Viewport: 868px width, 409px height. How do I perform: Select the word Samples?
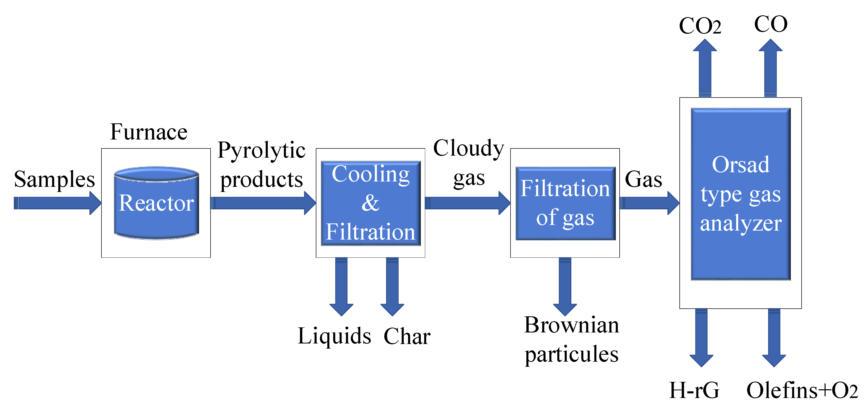point(54,179)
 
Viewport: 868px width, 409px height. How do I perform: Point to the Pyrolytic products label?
point(261,165)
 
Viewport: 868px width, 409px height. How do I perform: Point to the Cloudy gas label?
point(468,163)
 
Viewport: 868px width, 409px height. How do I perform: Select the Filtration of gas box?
point(565,203)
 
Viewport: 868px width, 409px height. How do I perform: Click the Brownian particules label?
point(572,339)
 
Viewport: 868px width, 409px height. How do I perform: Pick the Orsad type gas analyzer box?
point(741,194)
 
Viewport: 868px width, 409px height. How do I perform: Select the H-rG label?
point(694,390)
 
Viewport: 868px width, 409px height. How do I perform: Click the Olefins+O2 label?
point(802,390)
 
